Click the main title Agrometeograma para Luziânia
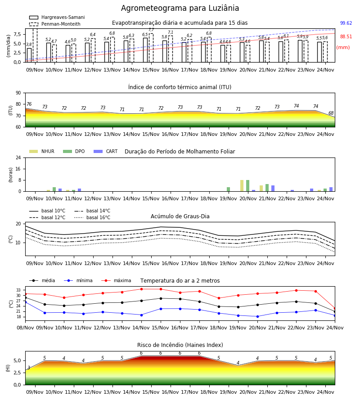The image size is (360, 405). [x=180, y=8]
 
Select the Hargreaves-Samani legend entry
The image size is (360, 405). [x=57, y=17]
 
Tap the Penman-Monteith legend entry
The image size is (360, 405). [x=55, y=24]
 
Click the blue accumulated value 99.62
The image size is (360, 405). [x=346, y=23]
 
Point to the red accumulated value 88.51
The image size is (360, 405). [x=346, y=37]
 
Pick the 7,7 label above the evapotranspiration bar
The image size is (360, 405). [x=151, y=30]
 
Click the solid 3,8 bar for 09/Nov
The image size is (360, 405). [x=29, y=55]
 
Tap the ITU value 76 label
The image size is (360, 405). [x=29, y=104]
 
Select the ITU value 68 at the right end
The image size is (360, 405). [x=331, y=113]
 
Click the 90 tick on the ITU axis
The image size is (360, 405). [x=18, y=93]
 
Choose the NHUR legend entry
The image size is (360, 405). [x=42, y=151]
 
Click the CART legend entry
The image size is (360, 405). [x=106, y=151]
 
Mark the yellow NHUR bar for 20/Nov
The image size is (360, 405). [x=242, y=186]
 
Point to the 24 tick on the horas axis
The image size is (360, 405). [x=18, y=157]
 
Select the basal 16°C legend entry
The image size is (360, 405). [x=92, y=217]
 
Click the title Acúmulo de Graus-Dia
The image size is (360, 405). [x=180, y=216]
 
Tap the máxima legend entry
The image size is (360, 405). [x=116, y=280]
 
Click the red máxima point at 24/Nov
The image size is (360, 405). [x=335, y=308]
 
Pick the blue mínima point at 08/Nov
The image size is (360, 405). [x=25, y=302]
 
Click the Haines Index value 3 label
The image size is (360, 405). [x=29, y=368]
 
